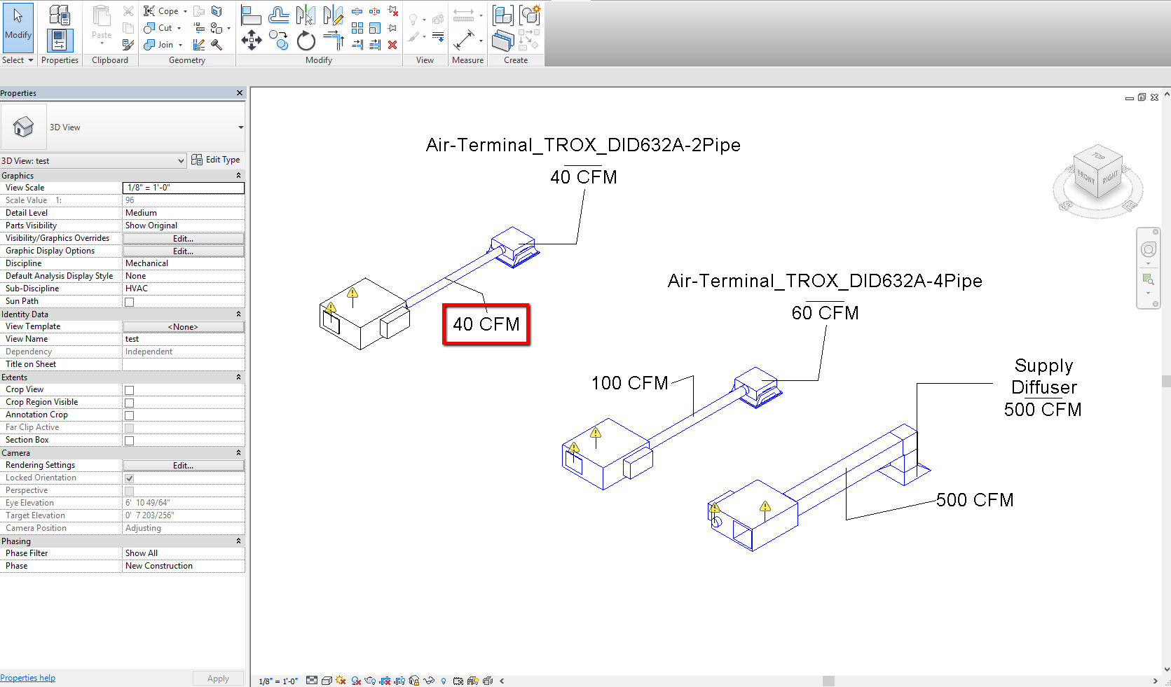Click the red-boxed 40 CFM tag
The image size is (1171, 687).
(x=486, y=324)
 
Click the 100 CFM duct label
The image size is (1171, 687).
(x=629, y=383)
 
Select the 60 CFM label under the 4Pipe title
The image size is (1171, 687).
(x=825, y=313)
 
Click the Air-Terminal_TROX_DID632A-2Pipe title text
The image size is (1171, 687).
(x=583, y=145)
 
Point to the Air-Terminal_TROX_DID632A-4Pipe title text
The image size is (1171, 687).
(x=825, y=281)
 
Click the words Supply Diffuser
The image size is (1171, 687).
(x=1043, y=377)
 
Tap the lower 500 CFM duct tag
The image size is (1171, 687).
(x=975, y=500)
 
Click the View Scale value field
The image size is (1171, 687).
(x=183, y=188)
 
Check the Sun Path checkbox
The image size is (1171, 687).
(x=129, y=302)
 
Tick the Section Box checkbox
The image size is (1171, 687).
(x=129, y=440)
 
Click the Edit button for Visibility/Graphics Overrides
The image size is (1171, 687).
(x=183, y=239)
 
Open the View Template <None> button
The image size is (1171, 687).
(x=183, y=327)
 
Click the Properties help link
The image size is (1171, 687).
(x=28, y=678)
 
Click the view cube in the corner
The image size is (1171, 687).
(x=1097, y=178)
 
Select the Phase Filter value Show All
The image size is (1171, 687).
(x=183, y=553)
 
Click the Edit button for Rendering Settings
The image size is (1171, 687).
(x=183, y=466)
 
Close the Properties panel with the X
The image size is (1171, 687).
(x=240, y=93)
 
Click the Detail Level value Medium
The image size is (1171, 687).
(x=183, y=213)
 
